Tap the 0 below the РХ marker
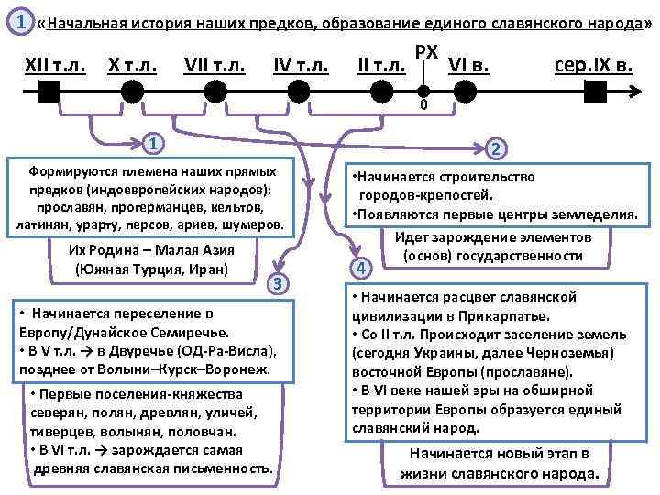click(423, 106)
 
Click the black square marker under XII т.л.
click(50, 90)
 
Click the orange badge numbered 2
click(495, 149)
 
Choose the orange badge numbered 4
click(363, 269)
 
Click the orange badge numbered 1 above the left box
click(157, 143)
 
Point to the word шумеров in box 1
click(257, 225)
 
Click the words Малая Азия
click(195, 251)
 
